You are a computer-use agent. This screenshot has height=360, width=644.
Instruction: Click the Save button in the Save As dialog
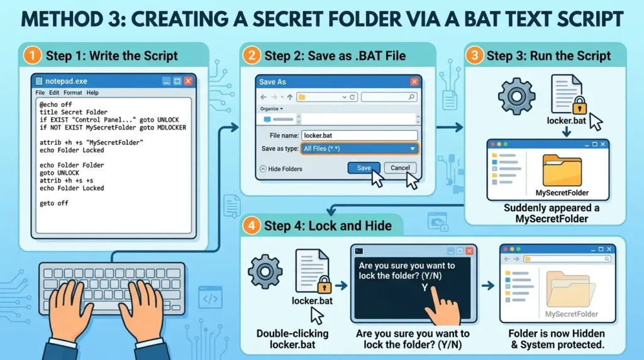tap(364, 167)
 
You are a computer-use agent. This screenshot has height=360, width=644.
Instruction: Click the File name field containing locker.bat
tap(359, 135)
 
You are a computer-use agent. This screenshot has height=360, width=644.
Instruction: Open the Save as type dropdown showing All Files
tap(359, 149)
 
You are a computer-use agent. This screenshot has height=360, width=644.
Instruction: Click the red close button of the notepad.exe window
tap(188, 81)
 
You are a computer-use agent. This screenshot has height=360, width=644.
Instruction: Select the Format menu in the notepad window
tap(73, 93)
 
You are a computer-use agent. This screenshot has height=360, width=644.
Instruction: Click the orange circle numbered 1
tap(32, 55)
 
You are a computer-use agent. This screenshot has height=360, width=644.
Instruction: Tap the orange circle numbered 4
tap(251, 225)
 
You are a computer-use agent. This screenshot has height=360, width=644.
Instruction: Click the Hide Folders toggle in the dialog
tap(281, 169)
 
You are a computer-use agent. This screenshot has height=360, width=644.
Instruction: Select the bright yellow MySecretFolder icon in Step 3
tap(562, 171)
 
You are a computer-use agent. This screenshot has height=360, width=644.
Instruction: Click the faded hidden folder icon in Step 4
tap(570, 290)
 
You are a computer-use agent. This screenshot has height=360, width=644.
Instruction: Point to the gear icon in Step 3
tap(517, 96)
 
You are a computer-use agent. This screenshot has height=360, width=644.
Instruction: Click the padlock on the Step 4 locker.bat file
tap(324, 284)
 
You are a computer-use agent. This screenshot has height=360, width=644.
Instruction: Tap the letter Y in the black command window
tap(425, 288)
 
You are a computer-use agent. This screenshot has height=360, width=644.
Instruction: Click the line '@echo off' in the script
tap(56, 104)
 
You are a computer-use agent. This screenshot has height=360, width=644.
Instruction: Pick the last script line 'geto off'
tap(54, 203)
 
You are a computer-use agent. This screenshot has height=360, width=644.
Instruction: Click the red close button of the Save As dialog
tap(414, 82)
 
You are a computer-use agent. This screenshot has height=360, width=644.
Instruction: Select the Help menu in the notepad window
tap(92, 93)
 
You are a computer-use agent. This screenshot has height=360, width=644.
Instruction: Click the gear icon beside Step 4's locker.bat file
tap(265, 272)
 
